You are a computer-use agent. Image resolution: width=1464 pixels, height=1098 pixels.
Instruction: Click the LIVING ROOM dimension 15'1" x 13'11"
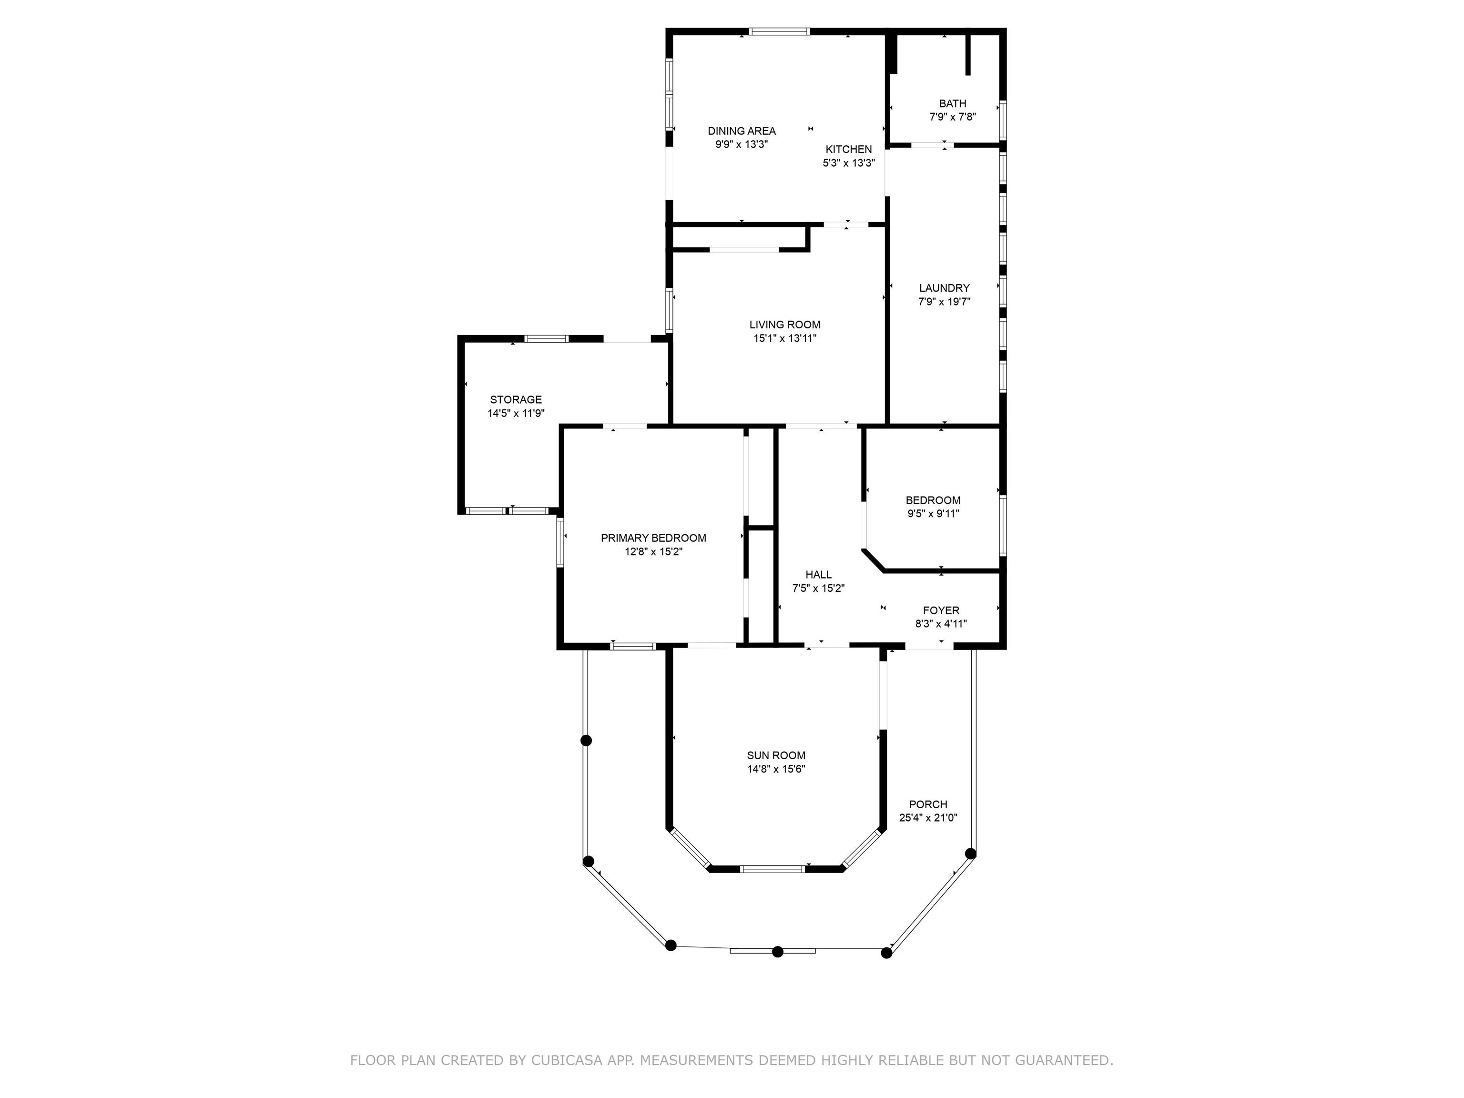click(784, 338)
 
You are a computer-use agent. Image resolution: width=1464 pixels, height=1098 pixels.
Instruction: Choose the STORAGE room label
click(516, 400)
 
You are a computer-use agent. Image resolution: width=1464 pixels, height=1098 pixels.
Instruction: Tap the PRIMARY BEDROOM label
click(653, 538)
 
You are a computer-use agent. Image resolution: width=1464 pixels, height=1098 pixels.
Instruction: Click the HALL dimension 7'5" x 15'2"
click(818, 589)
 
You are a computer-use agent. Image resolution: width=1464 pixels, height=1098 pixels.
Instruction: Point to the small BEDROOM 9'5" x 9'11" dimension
click(933, 514)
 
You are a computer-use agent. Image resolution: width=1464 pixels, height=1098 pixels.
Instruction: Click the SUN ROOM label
click(776, 755)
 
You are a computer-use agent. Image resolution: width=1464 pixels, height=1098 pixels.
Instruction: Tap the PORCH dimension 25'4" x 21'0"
click(928, 818)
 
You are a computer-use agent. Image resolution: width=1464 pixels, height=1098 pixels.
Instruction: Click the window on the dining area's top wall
click(779, 31)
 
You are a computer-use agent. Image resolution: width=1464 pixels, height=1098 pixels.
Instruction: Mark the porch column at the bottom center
click(778, 952)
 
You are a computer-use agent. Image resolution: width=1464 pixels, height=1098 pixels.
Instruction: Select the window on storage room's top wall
click(546, 339)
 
